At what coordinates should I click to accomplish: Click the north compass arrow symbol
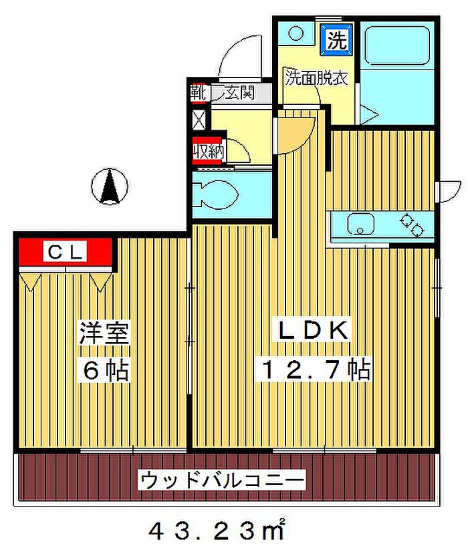[x=110, y=186]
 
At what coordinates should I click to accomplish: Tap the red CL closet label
[x=66, y=252]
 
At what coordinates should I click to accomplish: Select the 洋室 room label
[x=104, y=333]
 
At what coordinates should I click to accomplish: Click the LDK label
[x=314, y=330]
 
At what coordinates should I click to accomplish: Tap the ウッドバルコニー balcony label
[x=223, y=480]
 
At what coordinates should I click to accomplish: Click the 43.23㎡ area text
[x=216, y=530]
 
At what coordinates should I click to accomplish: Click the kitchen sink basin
[x=360, y=224]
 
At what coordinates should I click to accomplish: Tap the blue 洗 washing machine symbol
[x=337, y=39]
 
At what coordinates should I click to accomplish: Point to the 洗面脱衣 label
[x=316, y=78]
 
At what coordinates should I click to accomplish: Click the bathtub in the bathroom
[x=397, y=45]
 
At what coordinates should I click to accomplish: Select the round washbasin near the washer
[x=296, y=34]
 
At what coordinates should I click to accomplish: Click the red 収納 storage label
[x=208, y=152]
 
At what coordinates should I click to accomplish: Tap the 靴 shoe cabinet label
[x=198, y=93]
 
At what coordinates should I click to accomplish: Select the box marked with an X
[x=200, y=120]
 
